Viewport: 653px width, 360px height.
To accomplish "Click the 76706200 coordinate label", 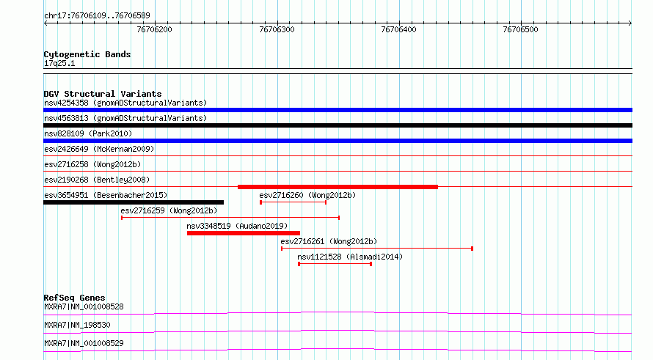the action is pyautogui.click(x=154, y=29).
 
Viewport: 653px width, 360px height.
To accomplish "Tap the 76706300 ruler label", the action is pyautogui.click(x=277, y=29).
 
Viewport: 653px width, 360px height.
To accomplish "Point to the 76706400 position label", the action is pyautogui.click(x=398, y=29).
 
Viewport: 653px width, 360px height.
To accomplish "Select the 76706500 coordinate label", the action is pyautogui.click(x=520, y=29).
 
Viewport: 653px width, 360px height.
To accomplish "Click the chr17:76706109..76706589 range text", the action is pyautogui.click(x=97, y=16).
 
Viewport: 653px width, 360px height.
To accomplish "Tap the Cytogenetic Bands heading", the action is pyautogui.click(x=87, y=54).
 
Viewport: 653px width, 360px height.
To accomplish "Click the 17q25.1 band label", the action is pyautogui.click(x=59, y=64).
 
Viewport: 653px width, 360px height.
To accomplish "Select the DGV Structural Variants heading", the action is pyautogui.click(x=103, y=94).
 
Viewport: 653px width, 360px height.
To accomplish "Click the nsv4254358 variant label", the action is pyautogui.click(x=66, y=103).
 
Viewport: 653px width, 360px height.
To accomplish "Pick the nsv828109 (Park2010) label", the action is pyautogui.click(x=88, y=133).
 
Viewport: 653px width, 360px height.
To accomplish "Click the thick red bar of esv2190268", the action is pyautogui.click(x=338, y=187).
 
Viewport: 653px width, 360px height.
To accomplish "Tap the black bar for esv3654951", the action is pyautogui.click(x=134, y=202).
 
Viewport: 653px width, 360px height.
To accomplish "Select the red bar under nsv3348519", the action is pyautogui.click(x=244, y=233).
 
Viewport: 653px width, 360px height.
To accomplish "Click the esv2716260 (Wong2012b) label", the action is pyautogui.click(x=307, y=195).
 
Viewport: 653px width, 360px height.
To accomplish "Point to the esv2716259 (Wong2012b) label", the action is pyautogui.click(x=169, y=210).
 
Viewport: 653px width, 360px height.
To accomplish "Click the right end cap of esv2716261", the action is pyautogui.click(x=472, y=249).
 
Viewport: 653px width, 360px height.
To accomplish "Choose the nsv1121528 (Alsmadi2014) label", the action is pyautogui.click(x=350, y=257).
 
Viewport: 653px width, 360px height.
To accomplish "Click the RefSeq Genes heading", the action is pyautogui.click(x=75, y=298).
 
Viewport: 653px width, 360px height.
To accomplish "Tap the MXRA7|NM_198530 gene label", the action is pyautogui.click(x=78, y=325).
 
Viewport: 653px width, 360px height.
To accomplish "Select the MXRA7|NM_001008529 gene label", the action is pyautogui.click(x=84, y=343).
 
